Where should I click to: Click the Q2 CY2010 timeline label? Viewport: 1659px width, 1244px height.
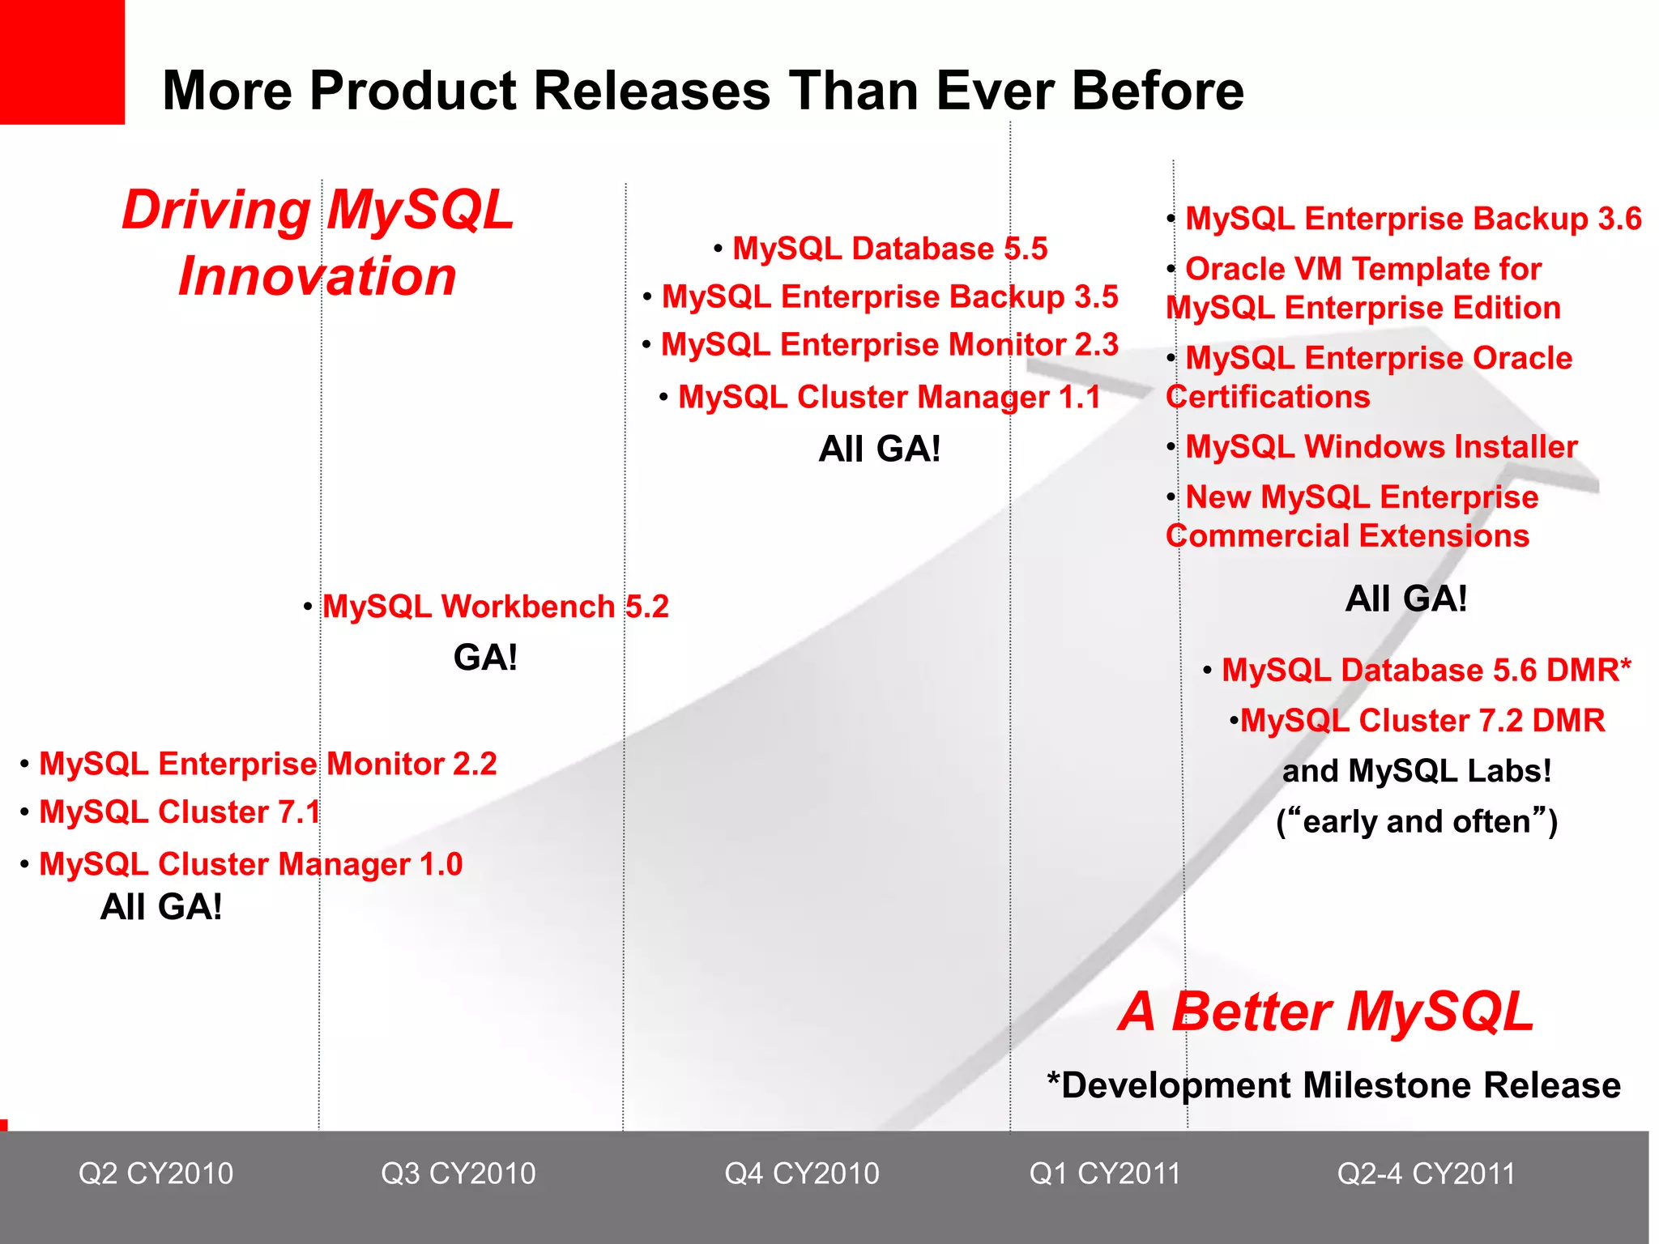point(156,1174)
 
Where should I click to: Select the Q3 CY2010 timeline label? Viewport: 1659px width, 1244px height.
point(458,1174)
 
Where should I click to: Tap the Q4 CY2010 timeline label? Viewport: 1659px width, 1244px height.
point(802,1174)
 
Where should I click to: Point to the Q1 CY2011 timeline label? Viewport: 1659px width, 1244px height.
point(1105,1174)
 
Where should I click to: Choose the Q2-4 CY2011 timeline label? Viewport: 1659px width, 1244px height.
point(1426,1174)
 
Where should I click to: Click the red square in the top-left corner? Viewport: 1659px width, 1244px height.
point(62,62)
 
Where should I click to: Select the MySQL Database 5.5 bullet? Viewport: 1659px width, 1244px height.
point(889,249)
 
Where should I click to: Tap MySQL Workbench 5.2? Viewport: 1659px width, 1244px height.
point(495,607)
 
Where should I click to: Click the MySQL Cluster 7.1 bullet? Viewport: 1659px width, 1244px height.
point(179,812)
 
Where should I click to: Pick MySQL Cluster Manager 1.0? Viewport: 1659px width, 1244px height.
point(250,864)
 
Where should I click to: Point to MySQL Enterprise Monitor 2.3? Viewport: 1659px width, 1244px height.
point(889,345)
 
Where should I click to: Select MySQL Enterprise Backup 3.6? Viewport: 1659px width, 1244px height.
point(1413,219)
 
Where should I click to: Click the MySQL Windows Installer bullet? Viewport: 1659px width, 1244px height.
point(1380,447)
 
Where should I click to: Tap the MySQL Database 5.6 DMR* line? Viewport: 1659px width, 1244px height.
point(1426,671)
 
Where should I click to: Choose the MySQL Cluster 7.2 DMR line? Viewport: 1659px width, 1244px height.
point(1422,721)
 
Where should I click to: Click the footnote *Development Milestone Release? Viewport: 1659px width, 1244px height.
point(1333,1085)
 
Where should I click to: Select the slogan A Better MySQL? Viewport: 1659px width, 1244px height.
point(1325,1012)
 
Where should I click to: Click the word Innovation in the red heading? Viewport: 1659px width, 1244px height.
point(317,277)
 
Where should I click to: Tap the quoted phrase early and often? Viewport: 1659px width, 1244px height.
point(1417,822)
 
